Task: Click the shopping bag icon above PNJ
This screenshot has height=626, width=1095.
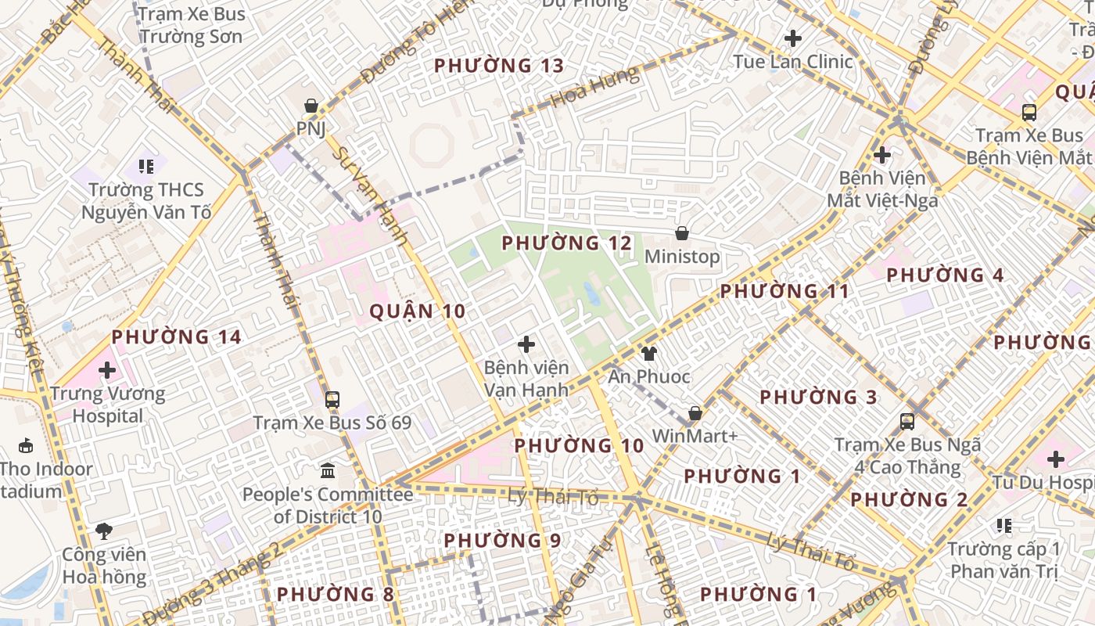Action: pos(311,106)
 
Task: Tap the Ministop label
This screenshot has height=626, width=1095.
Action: pos(682,257)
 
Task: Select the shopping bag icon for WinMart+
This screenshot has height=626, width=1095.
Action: pos(695,413)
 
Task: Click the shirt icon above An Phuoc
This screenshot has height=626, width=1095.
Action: pos(648,354)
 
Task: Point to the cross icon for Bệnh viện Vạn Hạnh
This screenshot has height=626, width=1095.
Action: pos(526,344)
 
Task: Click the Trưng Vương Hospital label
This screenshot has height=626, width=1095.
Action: pos(108,405)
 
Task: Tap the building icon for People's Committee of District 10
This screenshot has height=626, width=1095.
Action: pos(328,471)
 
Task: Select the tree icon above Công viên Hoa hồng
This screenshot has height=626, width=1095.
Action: pos(104,532)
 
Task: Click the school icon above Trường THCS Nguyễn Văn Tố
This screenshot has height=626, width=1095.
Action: pos(146,166)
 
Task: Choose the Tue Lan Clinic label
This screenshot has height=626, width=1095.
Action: pos(793,61)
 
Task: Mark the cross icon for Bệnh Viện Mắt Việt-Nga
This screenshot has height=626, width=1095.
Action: pos(882,155)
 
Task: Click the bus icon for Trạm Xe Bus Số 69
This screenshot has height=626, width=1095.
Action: pos(332,400)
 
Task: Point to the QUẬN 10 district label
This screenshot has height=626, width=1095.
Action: pos(417,311)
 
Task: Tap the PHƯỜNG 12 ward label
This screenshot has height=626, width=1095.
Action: pos(566,243)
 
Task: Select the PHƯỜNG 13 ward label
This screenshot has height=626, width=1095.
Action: pos(499,66)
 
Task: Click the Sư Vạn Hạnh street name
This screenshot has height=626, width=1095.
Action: pos(370,196)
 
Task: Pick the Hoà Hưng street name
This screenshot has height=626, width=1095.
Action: pos(594,87)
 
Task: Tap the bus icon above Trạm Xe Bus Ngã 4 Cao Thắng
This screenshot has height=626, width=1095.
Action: pos(907,422)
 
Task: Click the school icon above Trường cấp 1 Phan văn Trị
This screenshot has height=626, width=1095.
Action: pos(1004,526)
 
